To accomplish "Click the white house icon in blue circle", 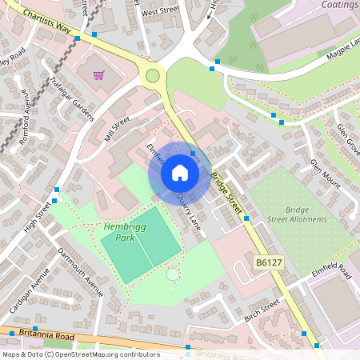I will point(180,173).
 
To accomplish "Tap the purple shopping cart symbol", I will point(99,75).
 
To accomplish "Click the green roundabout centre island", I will point(153,76).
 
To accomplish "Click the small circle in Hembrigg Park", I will point(172,274).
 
